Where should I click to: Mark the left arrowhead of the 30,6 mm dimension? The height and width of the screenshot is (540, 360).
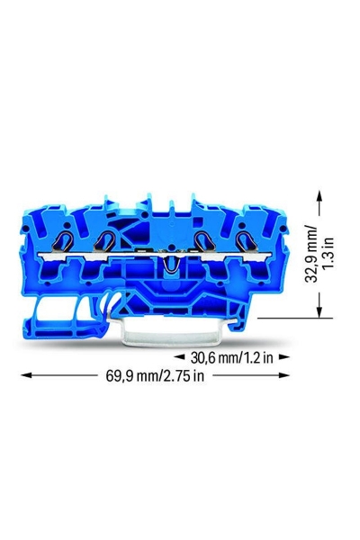point(193,357)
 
